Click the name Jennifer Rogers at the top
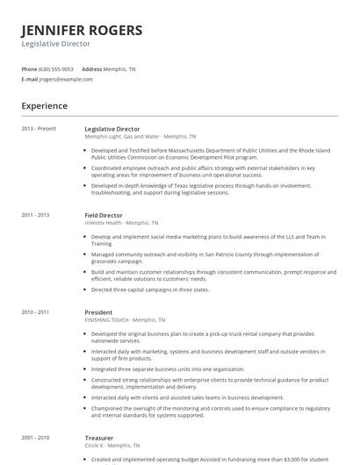point(82,30)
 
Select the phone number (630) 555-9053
point(57,68)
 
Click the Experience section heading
point(44,106)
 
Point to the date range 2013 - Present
point(39,129)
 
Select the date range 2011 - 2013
point(35,215)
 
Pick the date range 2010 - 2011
point(35,311)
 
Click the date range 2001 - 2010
point(35,437)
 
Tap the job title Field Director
point(104,215)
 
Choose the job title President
point(98,311)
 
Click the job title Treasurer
point(99,437)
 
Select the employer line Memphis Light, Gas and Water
point(140,137)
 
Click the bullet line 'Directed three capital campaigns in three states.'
point(150,289)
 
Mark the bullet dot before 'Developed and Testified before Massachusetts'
point(86,149)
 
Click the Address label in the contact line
point(92,68)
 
